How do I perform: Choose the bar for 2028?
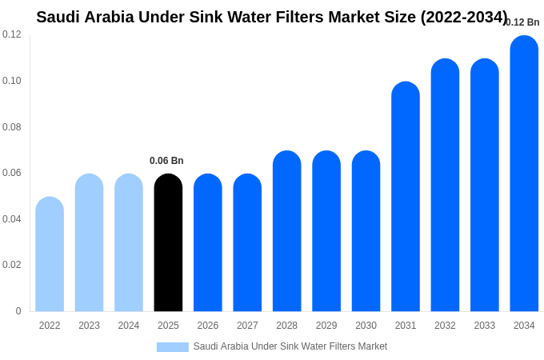286,231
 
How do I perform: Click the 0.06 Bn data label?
166,161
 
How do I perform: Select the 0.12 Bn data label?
522,22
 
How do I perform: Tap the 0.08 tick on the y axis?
12,127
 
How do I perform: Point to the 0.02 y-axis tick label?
12,265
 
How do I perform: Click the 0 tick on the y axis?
18,311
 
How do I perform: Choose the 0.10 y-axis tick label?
12,81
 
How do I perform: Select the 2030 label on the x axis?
366,326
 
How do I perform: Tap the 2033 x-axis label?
485,326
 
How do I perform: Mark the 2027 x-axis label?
247,326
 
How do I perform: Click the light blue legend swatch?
173,346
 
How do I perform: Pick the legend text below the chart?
290,346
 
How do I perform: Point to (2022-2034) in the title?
464,17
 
